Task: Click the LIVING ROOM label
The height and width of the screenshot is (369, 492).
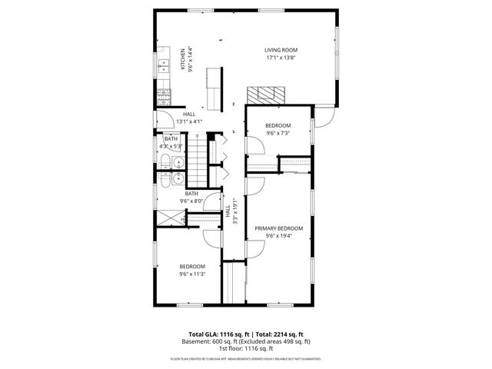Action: tap(281, 50)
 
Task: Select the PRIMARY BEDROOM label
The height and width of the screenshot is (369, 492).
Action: tap(278, 228)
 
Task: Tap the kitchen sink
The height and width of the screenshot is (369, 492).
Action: tap(164, 67)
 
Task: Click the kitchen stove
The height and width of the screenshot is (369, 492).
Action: tap(163, 98)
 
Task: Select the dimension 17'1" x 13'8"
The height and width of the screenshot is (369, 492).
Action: tap(281, 58)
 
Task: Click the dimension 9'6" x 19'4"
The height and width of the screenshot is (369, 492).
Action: tap(278, 236)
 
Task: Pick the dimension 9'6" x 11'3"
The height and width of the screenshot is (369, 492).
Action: tap(192, 274)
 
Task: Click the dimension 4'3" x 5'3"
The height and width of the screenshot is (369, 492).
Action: tap(171, 146)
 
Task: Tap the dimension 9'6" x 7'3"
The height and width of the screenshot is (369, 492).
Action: tap(278, 133)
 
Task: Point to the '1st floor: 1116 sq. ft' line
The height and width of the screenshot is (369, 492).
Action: tap(246, 349)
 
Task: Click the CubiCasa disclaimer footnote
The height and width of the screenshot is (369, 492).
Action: tap(246, 359)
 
